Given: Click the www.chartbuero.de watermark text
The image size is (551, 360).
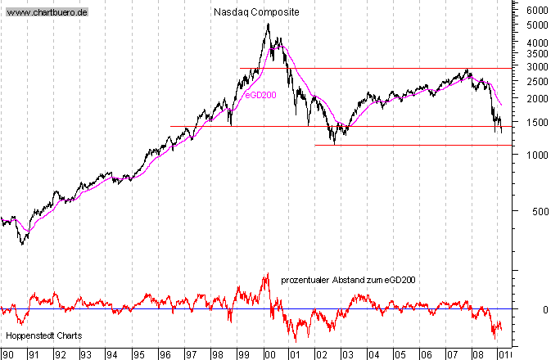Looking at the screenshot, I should (47, 14).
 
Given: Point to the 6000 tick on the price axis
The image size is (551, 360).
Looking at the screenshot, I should (537, 11).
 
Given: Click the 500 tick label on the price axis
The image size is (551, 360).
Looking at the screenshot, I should (540, 211).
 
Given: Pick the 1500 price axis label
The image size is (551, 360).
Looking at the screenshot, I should (537, 122).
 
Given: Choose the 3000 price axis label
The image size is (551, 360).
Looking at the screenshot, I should (537, 66).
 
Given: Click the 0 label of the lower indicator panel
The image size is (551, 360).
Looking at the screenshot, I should (544, 310).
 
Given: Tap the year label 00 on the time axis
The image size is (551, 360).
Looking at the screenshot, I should (269, 355).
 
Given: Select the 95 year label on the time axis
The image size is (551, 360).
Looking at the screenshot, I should (138, 355).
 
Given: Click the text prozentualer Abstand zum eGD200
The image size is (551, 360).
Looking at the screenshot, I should (348, 280).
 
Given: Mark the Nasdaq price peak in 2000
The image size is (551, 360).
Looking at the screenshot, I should (268, 24).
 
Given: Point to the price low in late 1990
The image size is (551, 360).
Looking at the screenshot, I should (22, 244).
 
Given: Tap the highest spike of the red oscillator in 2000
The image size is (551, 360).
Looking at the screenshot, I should (267, 273).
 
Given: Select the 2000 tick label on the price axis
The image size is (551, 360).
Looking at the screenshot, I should (537, 99).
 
